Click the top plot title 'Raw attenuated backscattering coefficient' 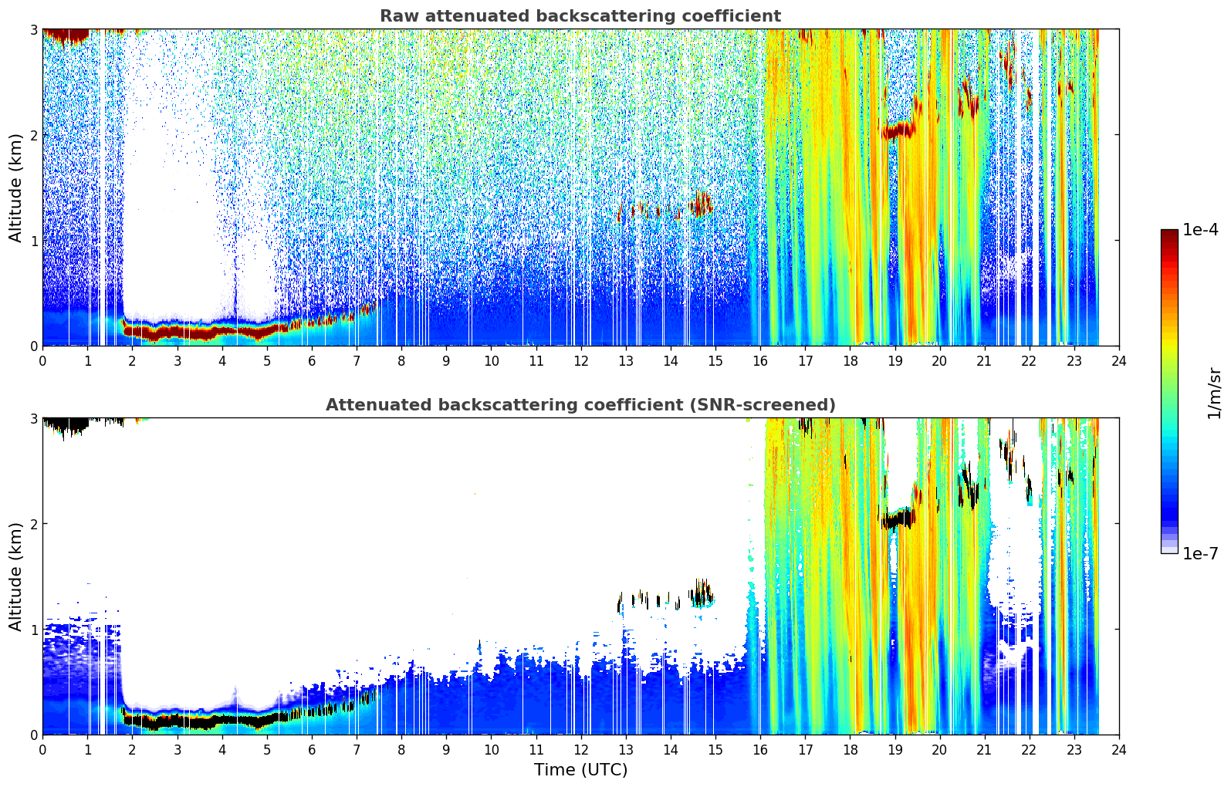(580, 16)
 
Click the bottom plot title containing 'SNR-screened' (580, 404)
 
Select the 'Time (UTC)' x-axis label (580, 769)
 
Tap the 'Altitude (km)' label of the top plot (15, 188)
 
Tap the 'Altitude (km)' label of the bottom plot (15, 576)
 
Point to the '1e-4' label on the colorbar (1199, 230)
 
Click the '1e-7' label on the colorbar (1199, 553)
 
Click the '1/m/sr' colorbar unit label (1214, 393)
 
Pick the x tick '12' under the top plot (581, 361)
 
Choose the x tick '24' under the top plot (1119, 361)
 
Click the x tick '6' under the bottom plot (312, 750)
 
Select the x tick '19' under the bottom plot (895, 750)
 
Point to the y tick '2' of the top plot (33, 135)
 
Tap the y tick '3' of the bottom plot (33, 419)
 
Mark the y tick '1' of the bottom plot (33, 630)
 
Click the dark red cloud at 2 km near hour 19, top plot (898, 131)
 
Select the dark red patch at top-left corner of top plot (66, 35)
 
